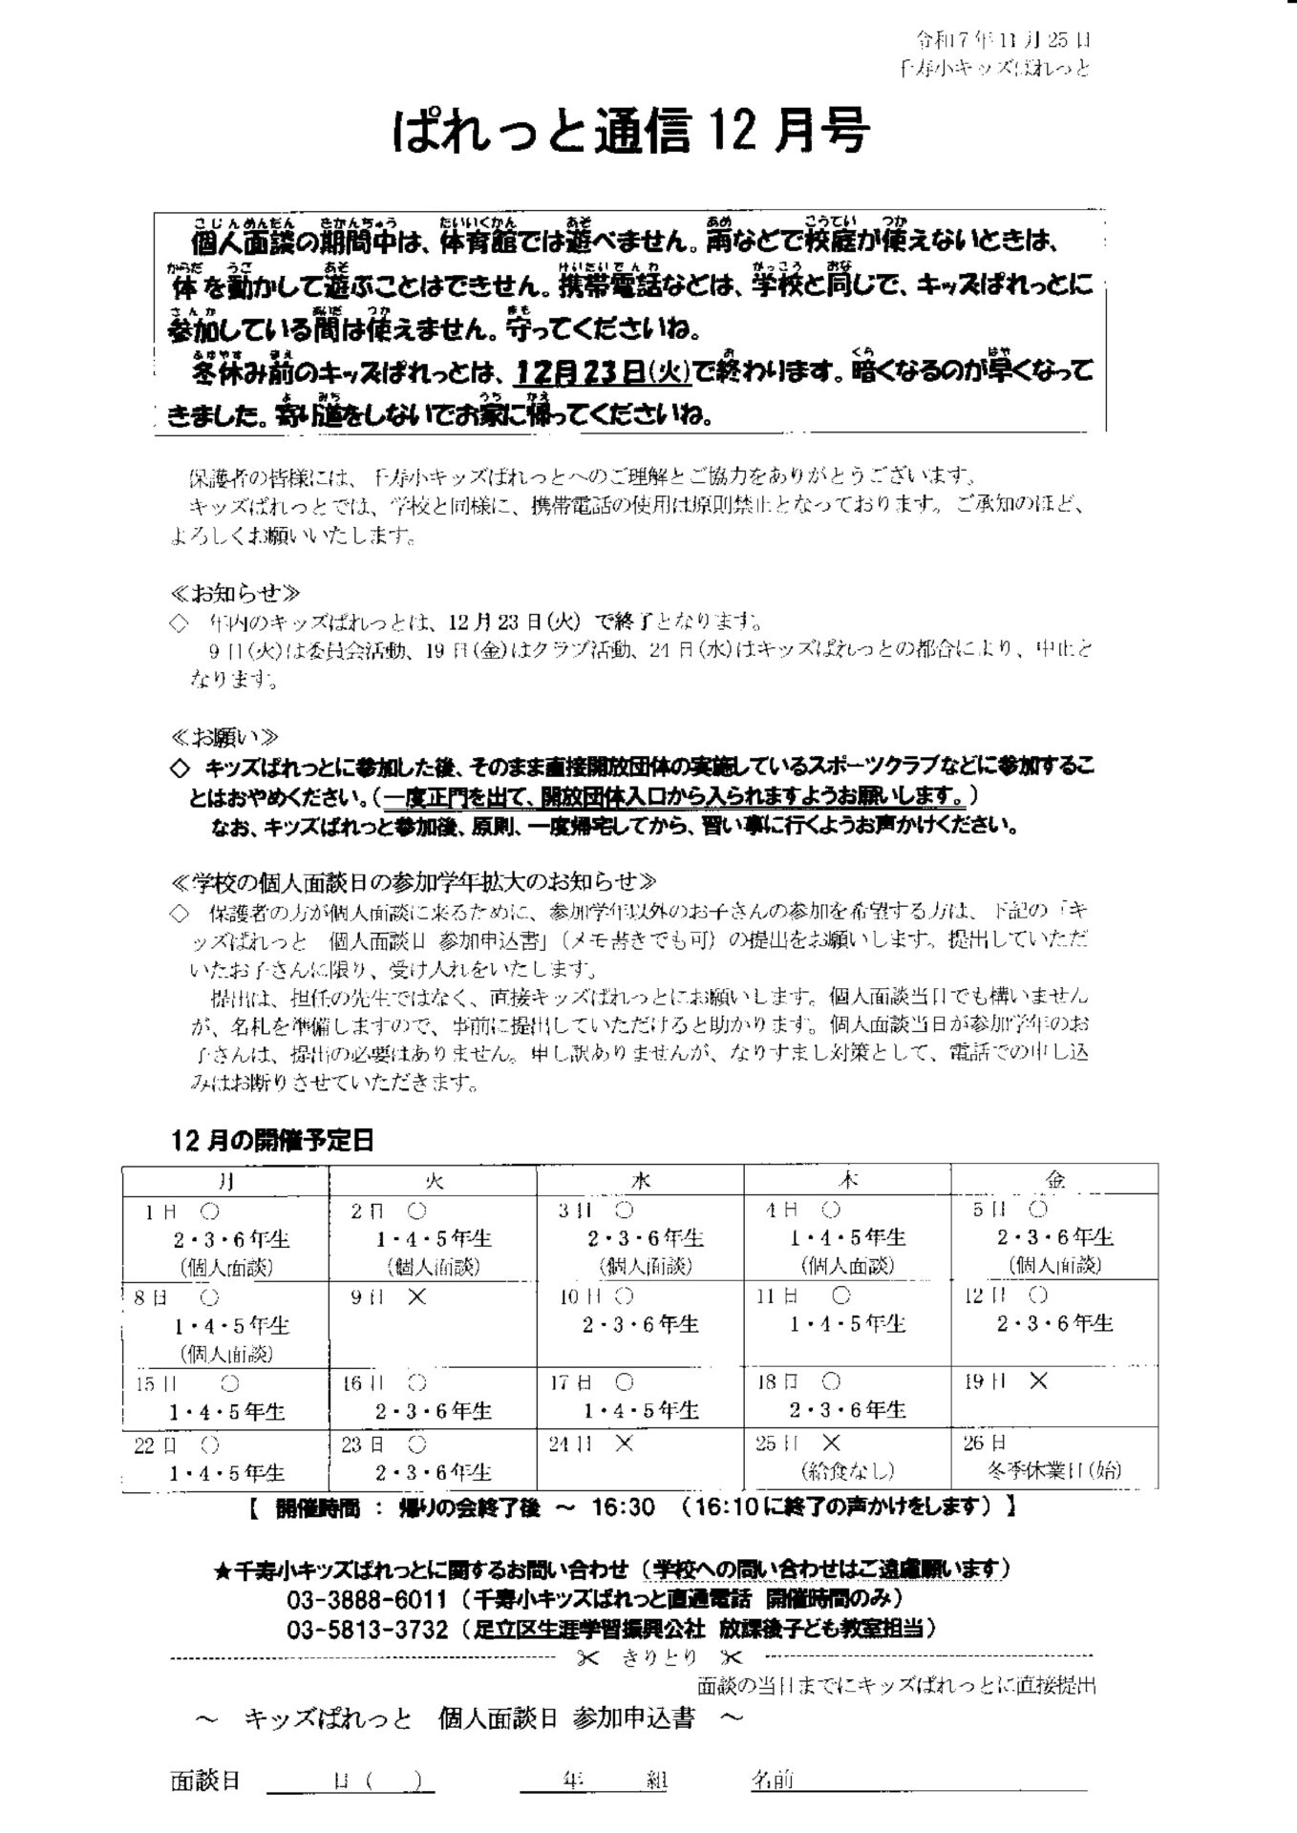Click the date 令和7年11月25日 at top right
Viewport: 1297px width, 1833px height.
click(x=1003, y=40)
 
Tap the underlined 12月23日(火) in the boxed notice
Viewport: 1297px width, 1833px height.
click(x=602, y=371)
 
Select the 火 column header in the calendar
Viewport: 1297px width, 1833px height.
click(x=433, y=1180)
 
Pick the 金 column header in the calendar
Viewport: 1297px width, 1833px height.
click(x=1054, y=1180)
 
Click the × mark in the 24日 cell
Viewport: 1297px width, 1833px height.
click(x=624, y=1443)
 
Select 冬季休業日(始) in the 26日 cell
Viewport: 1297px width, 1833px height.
click(x=1053, y=1470)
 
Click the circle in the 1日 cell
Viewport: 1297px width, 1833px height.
click(x=211, y=1211)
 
